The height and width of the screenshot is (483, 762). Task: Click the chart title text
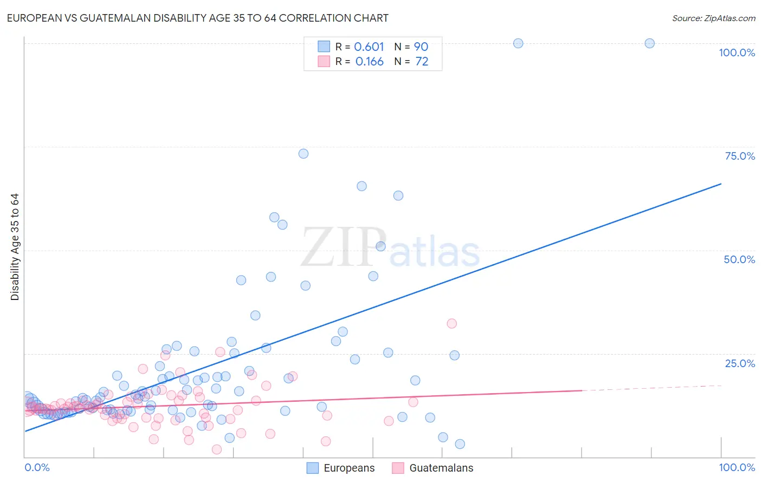click(x=197, y=18)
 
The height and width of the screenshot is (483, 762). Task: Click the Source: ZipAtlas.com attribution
click(x=713, y=18)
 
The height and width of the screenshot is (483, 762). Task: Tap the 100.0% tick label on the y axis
click(x=737, y=53)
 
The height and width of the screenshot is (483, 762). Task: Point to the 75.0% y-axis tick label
click(x=740, y=156)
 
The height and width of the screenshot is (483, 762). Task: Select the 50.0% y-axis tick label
click(x=739, y=259)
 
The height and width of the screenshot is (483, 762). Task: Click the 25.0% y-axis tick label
click(x=740, y=363)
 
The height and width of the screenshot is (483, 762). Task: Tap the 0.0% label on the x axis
click(x=37, y=467)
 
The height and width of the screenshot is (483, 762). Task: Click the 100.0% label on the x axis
click(x=737, y=467)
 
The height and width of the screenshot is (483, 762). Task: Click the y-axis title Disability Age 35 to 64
click(x=15, y=247)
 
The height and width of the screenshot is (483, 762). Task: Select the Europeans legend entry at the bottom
click(x=340, y=468)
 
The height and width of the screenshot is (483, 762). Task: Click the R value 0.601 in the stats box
click(x=369, y=47)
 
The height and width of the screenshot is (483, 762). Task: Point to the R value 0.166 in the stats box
click(x=369, y=62)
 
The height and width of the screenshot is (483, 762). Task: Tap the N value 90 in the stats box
click(x=421, y=47)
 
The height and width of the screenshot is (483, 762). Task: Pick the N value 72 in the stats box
click(x=422, y=62)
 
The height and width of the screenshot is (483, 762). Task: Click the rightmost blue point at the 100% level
click(x=649, y=43)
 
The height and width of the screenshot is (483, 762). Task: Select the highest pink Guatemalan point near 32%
click(x=451, y=323)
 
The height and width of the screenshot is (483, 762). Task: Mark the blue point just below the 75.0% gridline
click(x=303, y=154)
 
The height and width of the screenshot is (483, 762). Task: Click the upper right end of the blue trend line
click(x=721, y=184)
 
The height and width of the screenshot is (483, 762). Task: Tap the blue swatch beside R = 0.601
click(x=324, y=47)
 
